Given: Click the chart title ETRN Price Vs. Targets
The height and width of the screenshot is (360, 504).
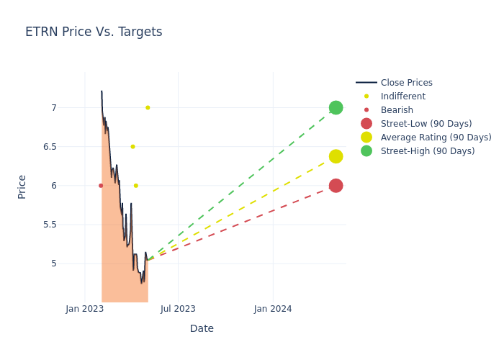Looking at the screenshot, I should tap(94, 32).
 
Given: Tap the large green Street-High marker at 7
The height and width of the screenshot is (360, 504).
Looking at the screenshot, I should tap(336, 107).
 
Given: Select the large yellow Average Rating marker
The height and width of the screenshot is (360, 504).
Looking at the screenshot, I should tap(336, 156).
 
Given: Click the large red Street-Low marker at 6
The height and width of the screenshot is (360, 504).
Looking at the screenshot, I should tap(336, 186).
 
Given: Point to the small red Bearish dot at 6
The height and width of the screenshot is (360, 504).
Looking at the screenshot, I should tap(101, 186).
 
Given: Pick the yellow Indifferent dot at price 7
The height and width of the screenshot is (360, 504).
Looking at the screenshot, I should tap(148, 108).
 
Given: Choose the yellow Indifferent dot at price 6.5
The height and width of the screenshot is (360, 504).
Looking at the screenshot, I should tap(132, 147).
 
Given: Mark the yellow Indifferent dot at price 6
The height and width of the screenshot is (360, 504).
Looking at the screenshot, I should tap(135, 186).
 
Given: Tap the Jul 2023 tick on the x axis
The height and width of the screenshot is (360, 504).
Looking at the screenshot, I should tap(178, 309).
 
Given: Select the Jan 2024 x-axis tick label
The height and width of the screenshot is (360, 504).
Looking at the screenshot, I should tap(273, 309).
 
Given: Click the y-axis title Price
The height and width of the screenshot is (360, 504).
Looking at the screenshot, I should tap(22, 186).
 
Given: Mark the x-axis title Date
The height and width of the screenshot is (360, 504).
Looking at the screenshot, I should tap(202, 328).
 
